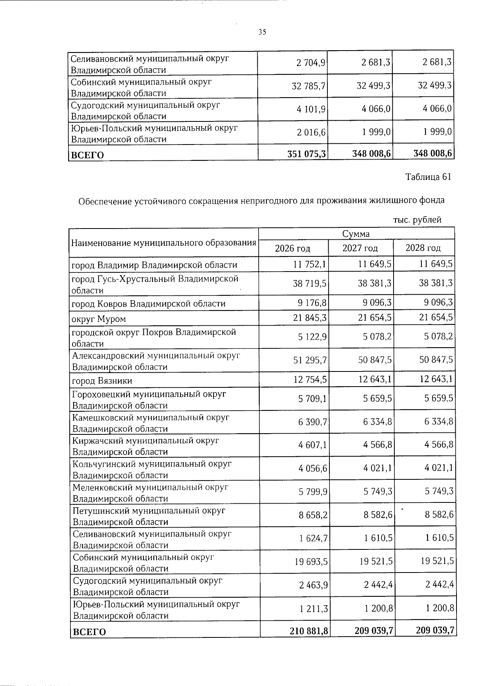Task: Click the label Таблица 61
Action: (x=428, y=177)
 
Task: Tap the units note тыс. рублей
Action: (x=417, y=220)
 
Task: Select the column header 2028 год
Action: (x=423, y=248)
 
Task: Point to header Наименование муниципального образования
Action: (x=163, y=243)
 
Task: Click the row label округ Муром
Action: (x=98, y=319)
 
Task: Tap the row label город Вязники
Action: (x=102, y=381)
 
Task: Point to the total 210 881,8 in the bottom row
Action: (x=308, y=631)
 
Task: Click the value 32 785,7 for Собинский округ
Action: (x=309, y=86)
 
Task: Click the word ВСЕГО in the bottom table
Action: (x=89, y=632)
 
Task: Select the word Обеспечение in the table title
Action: (x=105, y=201)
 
